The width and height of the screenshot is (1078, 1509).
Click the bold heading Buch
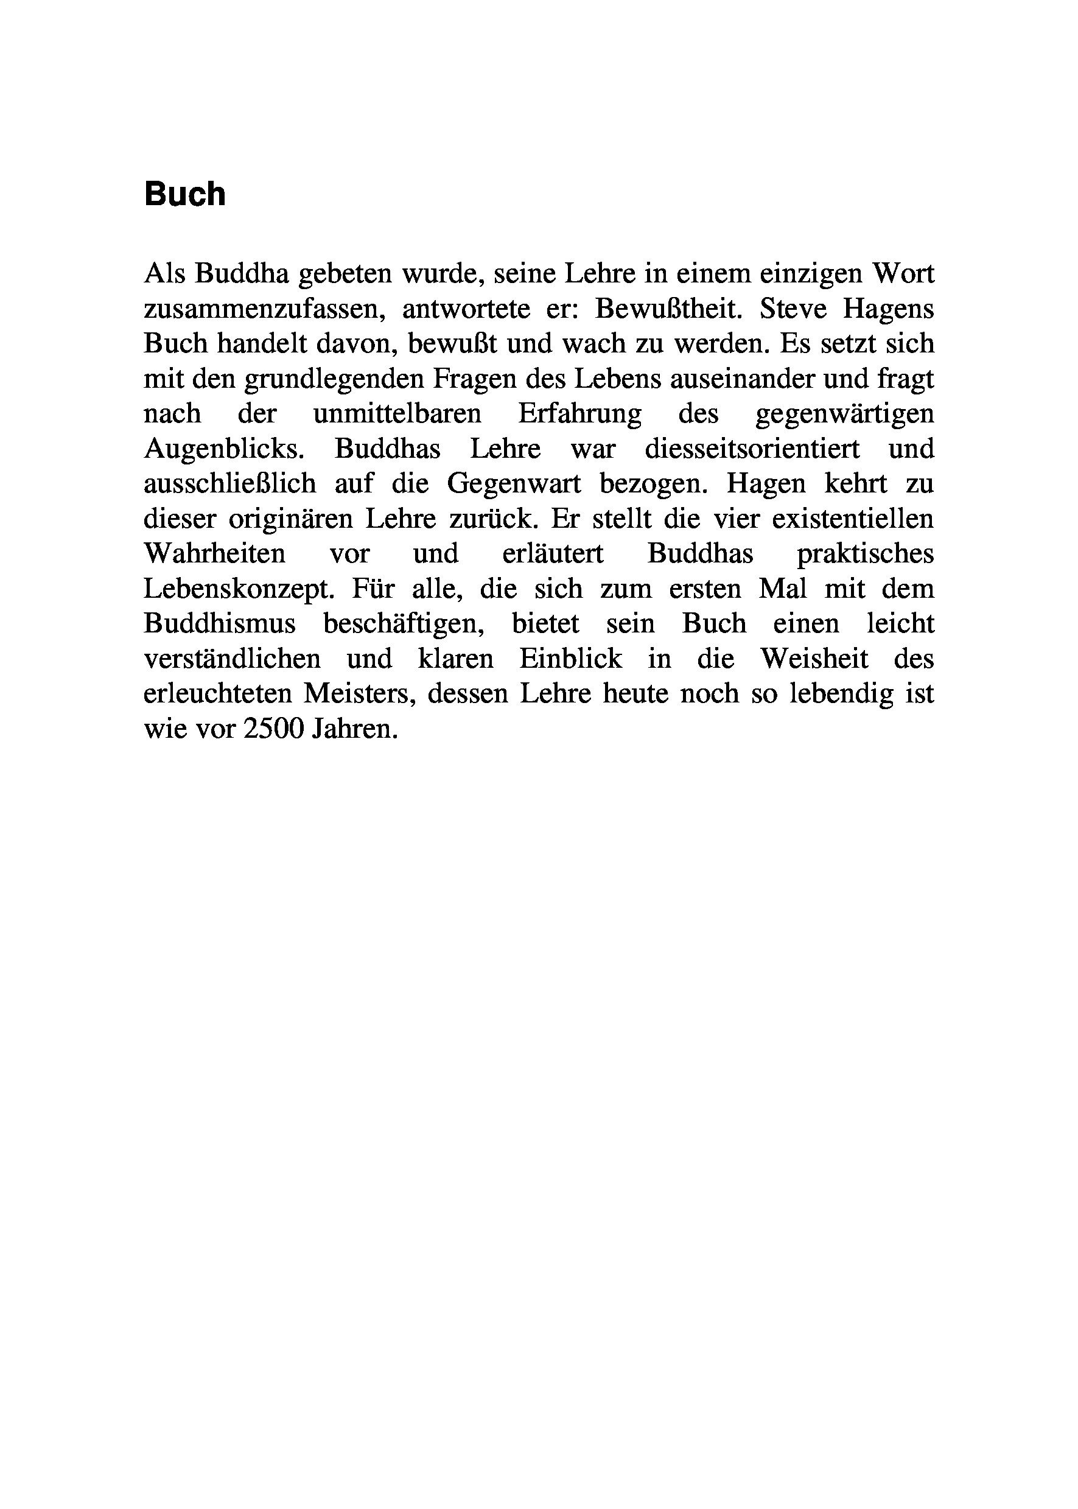[184, 195]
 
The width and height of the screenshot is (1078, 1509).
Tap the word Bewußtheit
[669, 309]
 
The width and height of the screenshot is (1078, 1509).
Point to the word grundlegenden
[334, 379]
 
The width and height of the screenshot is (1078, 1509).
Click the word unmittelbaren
[397, 413]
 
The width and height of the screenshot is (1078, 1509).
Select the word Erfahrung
[579, 413]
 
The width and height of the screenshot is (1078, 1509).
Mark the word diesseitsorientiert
[752, 449]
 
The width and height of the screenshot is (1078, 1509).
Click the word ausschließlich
[229, 484]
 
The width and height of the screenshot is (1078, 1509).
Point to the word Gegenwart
[514, 484]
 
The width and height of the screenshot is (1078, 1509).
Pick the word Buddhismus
[220, 624]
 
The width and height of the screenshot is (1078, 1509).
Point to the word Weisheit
[814, 659]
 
